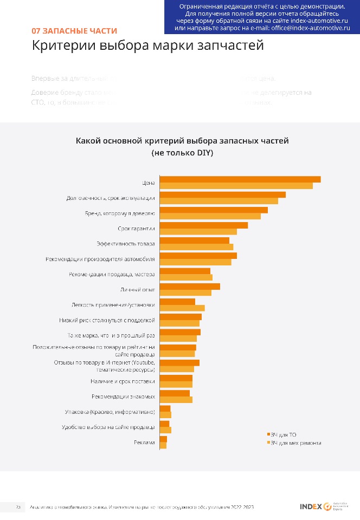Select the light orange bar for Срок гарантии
pyautogui.click(x=198, y=232)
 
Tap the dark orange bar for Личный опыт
pyautogui.click(x=190, y=286)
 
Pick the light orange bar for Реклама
pyautogui.click(x=163, y=446)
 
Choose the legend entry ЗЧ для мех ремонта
pyautogui.click(x=295, y=443)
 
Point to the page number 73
pyautogui.click(x=18, y=507)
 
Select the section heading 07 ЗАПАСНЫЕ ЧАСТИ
pyautogui.click(x=74, y=31)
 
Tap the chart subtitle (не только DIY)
pyautogui.click(x=182, y=153)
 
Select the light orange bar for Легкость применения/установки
pyautogui.click(x=182, y=308)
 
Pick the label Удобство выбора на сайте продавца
pyautogui.click(x=109, y=427)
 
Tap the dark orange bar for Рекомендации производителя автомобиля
pyautogui.click(x=198, y=256)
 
